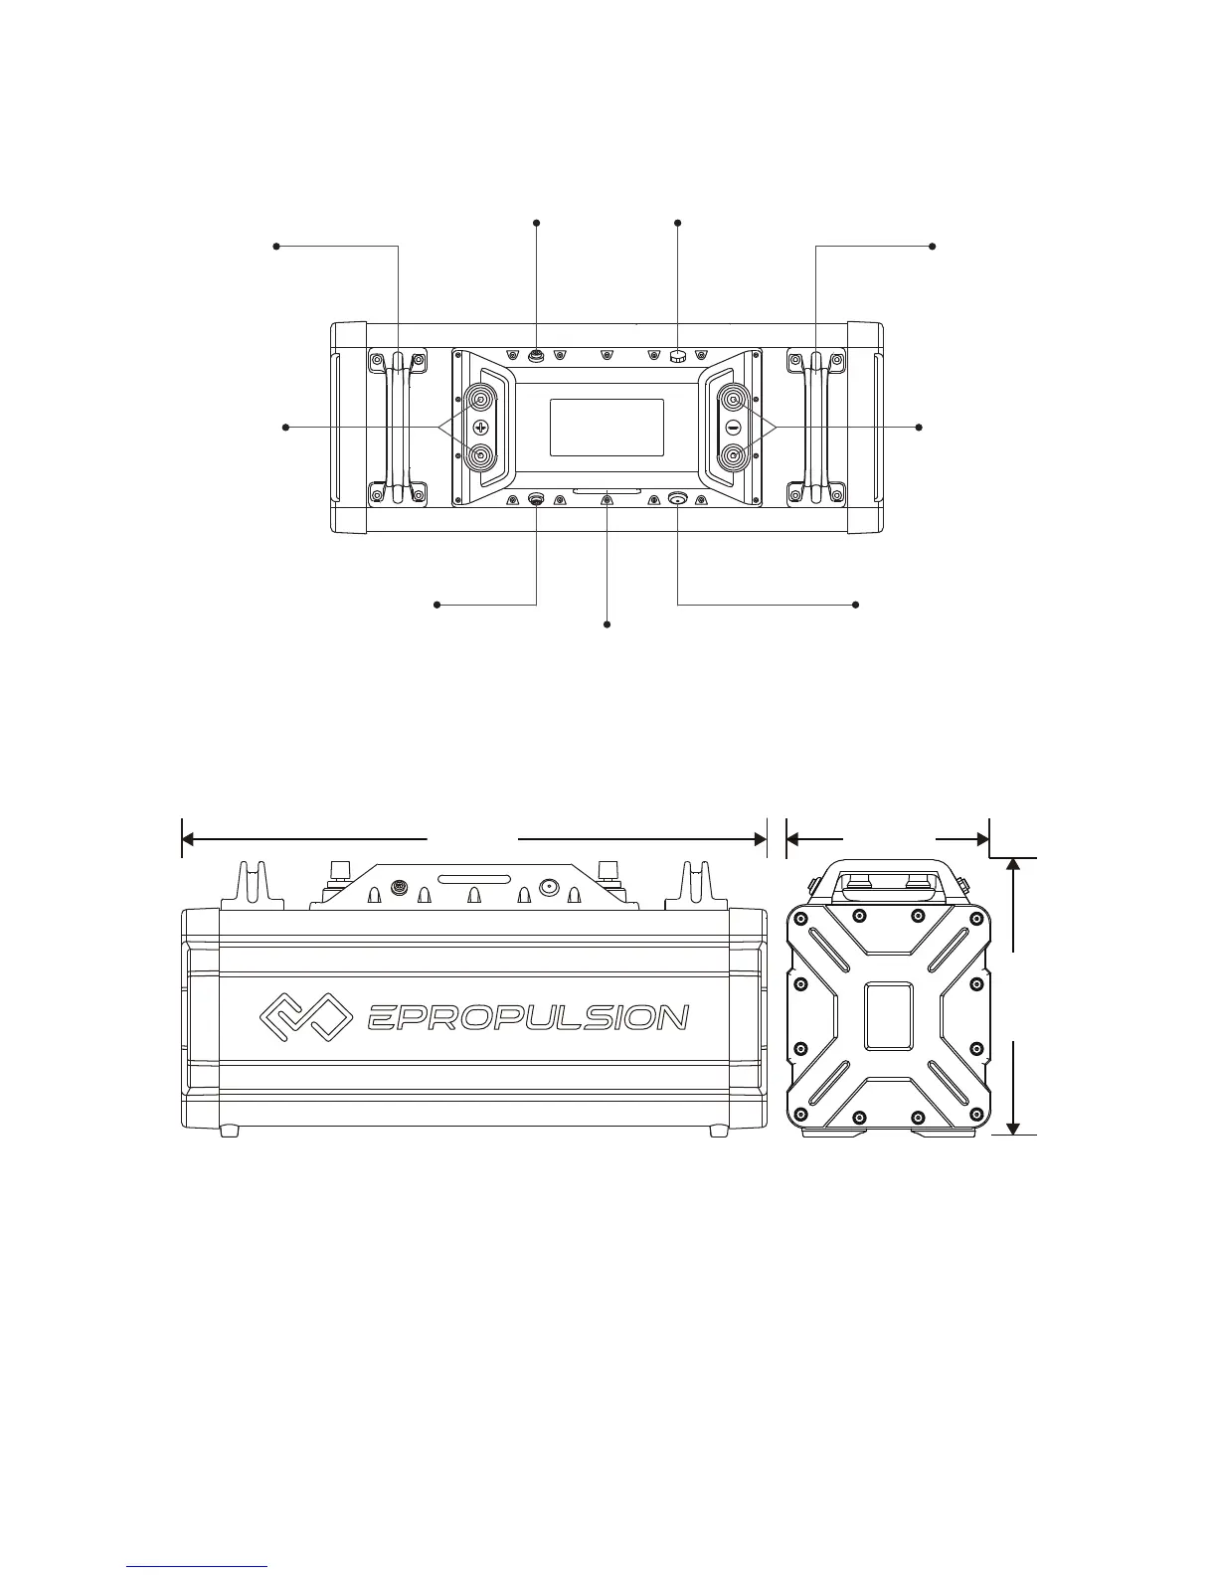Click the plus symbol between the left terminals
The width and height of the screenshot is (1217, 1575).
[x=481, y=428]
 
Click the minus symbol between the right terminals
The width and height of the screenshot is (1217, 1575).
[x=733, y=428]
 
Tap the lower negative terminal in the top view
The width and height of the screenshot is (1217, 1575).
[x=733, y=456]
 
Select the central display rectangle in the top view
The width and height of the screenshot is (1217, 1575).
[x=607, y=428]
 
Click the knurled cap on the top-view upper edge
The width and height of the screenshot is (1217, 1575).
[x=678, y=355]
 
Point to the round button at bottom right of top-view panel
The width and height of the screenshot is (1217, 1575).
[x=678, y=499]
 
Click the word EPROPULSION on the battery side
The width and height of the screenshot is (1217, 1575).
[x=527, y=1018]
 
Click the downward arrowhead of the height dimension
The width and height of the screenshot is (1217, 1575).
[x=1013, y=1126]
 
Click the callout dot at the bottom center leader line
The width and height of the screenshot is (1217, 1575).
[x=607, y=623]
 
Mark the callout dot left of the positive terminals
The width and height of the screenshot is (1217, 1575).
[x=286, y=428]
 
